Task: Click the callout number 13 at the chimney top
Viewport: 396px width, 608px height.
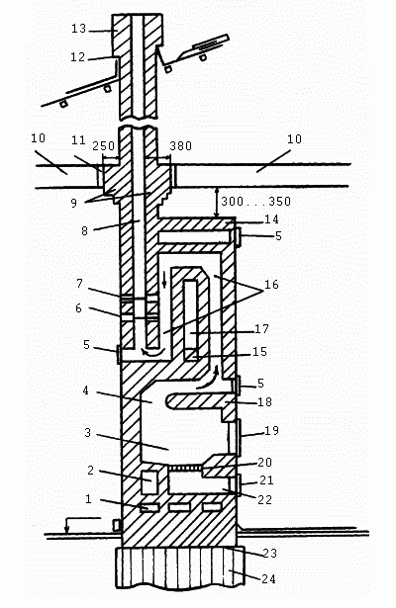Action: click(x=79, y=29)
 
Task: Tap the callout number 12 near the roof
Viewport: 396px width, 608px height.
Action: click(x=77, y=57)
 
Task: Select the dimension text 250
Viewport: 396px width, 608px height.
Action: click(x=103, y=145)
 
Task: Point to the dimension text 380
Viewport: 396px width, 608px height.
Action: click(x=180, y=145)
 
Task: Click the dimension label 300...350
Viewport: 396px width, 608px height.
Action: click(x=255, y=202)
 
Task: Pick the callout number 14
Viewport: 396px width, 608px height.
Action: click(x=272, y=219)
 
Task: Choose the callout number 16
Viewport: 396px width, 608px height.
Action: click(x=271, y=284)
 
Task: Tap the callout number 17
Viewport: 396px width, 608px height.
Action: click(x=261, y=329)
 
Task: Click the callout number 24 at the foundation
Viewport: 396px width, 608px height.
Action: click(x=268, y=579)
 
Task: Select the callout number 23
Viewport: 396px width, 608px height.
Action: click(x=270, y=553)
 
